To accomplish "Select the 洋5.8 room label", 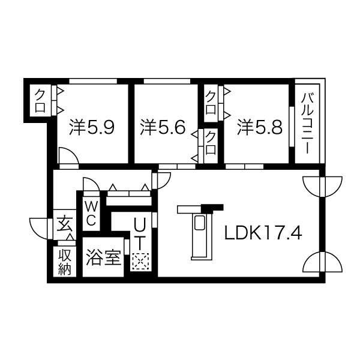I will pyautogui.click(x=259, y=127).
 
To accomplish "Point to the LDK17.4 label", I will pyautogui.click(x=262, y=233).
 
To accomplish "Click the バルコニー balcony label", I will pyautogui.click(x=307, y=124).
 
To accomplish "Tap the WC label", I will pyautogui.click(x=91, y=213).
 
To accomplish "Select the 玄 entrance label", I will pyautogui.click(x=63, y=224).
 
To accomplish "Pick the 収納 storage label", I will pyautogui.click(x=64, y=262).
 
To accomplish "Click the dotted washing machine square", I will pyautogui.click(x=140, y=261).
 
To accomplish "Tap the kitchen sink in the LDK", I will pyautogui.click(x=199, y=225).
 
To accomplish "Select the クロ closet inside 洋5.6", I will pyautogui.click(x=211, y=145).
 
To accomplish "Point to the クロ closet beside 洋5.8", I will pyautogui.click(x=211, y=101).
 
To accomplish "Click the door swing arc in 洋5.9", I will pyautogui.click(x=68, y=155).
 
